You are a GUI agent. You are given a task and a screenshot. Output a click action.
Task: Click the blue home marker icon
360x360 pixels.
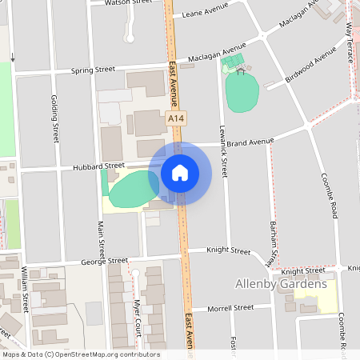click(180, 172)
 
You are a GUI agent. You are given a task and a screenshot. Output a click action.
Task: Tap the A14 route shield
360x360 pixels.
click(177, 118)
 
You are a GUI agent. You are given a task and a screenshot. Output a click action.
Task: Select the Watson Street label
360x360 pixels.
click(130, 2)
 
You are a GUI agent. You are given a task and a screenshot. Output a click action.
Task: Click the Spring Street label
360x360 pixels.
click(94, 70)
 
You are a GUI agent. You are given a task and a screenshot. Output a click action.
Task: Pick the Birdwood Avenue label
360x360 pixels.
click(312, 70)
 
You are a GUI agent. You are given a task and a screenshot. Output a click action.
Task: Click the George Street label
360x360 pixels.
click(105, 261)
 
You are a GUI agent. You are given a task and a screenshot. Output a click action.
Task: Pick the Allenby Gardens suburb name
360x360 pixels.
click(281, 284)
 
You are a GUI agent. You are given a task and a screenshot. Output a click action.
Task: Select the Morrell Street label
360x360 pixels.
click(230, 307)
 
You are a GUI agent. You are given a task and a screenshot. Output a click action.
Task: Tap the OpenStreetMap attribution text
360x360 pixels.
click(80, 354)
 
